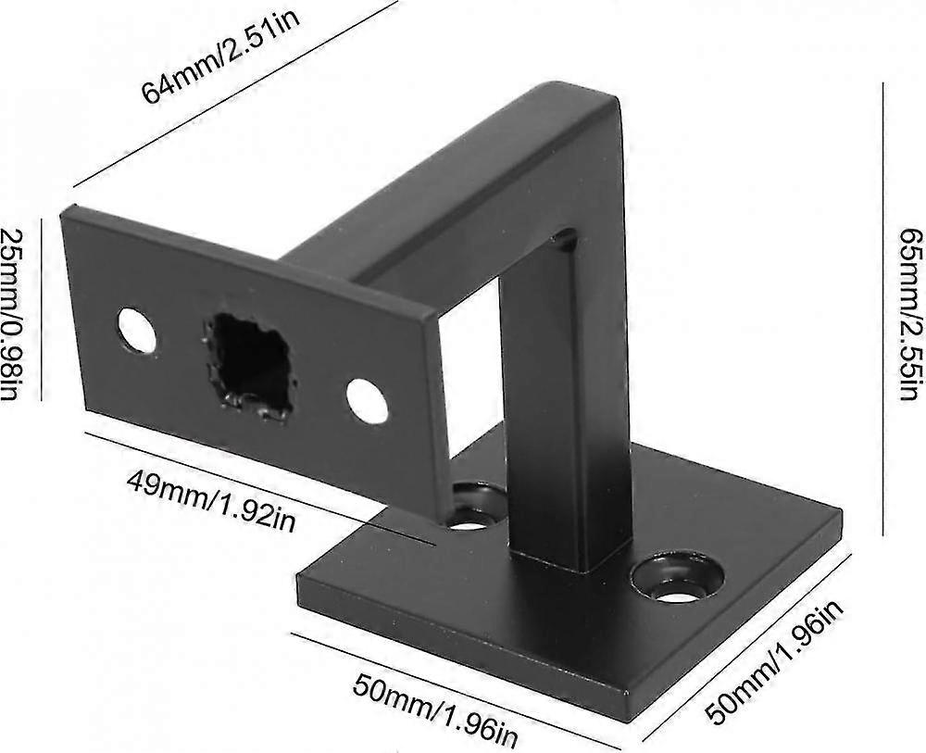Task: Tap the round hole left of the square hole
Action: (x=137, y=331)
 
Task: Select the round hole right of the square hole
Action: (x=368, y=401)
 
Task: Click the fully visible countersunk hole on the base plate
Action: (x=678, y=576)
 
